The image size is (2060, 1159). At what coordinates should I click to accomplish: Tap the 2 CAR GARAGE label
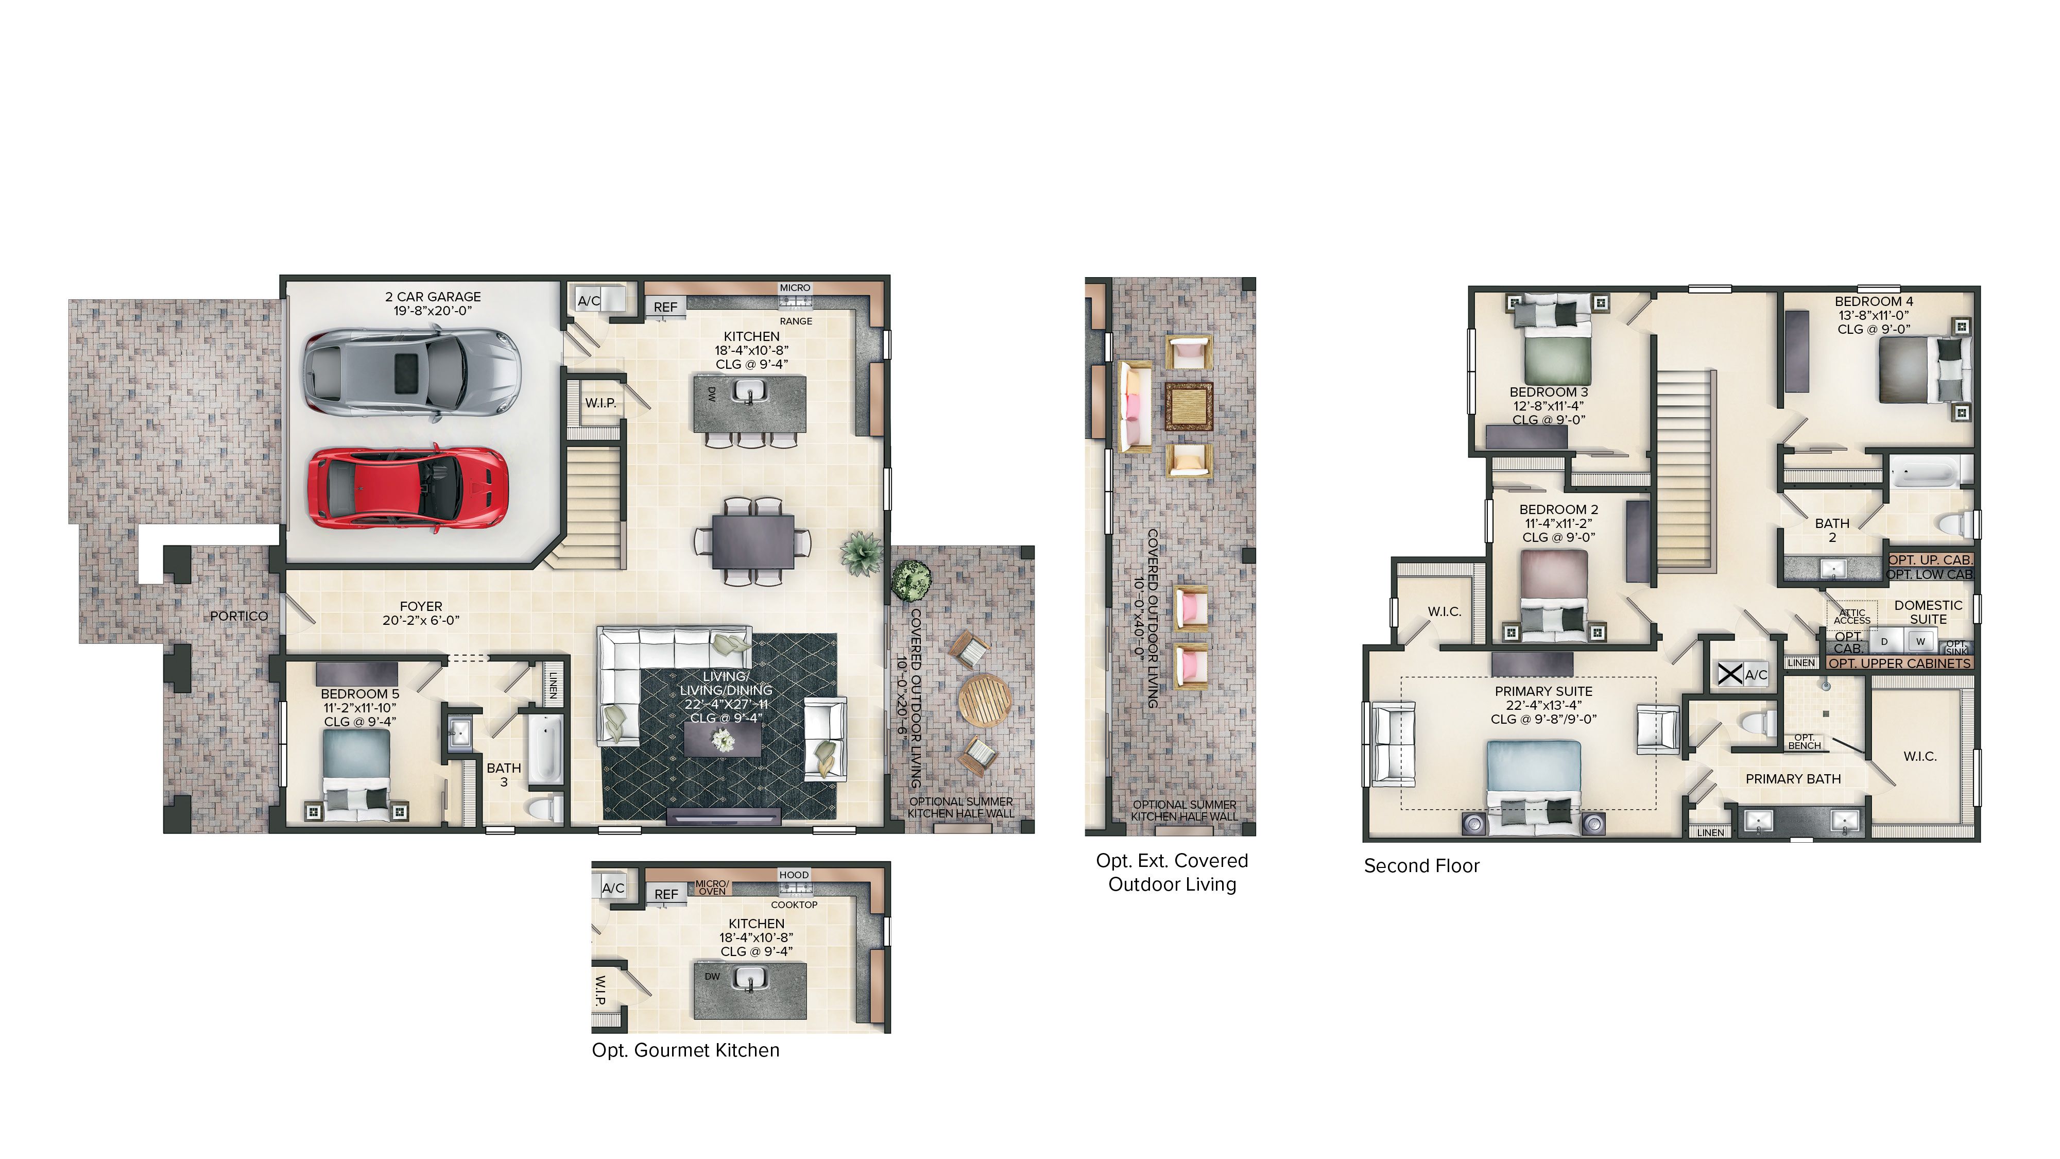433,297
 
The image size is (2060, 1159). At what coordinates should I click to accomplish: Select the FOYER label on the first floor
421,606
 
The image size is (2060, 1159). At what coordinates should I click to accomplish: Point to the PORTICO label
238,616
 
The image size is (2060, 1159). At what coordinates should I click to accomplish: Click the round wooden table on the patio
984,701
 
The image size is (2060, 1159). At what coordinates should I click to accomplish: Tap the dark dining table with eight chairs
752,541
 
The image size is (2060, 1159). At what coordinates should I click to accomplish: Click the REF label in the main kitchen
665,307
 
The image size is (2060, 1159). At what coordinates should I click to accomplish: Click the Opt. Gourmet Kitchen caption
685,1050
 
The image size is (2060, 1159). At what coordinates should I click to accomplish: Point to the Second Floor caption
1421,866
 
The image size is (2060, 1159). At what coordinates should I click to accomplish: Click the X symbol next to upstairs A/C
1730,674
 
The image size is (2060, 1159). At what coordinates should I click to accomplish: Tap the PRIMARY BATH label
1792,779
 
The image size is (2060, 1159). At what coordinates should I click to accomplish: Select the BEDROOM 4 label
1873,301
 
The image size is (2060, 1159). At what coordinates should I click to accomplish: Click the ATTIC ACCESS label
1851,617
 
